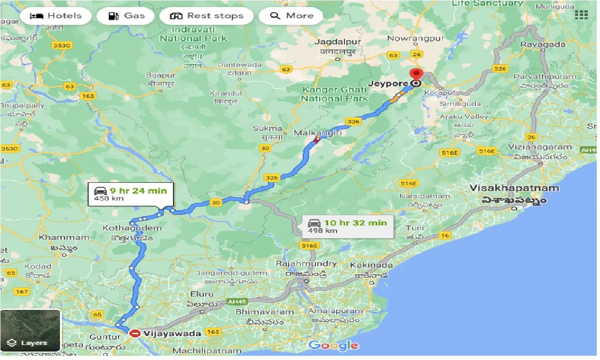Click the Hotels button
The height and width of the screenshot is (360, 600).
[55, 16]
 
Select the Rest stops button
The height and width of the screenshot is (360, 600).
[206, 16]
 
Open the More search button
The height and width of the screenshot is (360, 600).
[292, 16]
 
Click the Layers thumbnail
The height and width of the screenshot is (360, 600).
[30, 330]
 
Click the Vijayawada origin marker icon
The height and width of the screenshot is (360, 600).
[135, 333]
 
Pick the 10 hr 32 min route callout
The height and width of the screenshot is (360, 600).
[347, 225]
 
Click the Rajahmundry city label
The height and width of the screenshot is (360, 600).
[306, 263]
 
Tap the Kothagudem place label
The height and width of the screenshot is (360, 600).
[133, 228]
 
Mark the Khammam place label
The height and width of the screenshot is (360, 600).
[64, 237]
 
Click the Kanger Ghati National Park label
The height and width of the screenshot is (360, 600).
[334, 94]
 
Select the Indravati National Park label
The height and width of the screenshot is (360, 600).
[193, 34]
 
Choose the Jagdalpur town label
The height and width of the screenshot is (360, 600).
[338, 42]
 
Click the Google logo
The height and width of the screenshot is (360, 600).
[334, 346]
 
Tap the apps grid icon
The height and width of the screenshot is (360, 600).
[581, 15]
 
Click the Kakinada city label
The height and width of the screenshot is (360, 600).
[369, 265]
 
